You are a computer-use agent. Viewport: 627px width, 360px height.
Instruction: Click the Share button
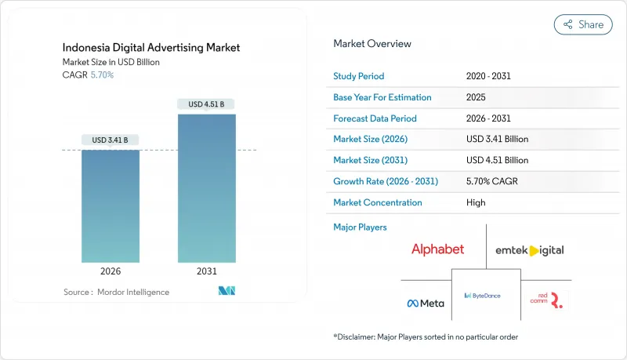click(x=583, y=24)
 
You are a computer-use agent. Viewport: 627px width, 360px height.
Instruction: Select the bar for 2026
click(x=111, y=205)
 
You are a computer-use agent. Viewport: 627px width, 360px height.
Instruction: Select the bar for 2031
click(x=207, y=188)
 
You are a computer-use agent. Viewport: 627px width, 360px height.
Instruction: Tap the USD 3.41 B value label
click(x=111, y=140)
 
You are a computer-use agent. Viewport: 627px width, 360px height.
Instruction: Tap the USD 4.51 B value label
click(x=207, y=104)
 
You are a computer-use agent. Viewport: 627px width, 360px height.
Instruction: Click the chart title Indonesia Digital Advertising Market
click(x=150, y=48)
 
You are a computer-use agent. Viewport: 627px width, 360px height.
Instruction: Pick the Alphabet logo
click(x=437, y=249)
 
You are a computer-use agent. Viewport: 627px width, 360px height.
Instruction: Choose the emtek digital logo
click(x=529, y=250)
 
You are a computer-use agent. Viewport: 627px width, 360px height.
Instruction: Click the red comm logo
click(x=545, y=299)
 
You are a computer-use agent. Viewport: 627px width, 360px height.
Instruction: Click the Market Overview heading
click(x=371, y=44)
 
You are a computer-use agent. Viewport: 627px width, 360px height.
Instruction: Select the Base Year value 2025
click(x=476, y=98)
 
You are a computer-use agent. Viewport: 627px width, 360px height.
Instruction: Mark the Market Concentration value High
click(x=476, y=202)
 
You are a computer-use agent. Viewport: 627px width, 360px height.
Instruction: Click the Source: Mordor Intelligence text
click(x=116, y=292)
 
